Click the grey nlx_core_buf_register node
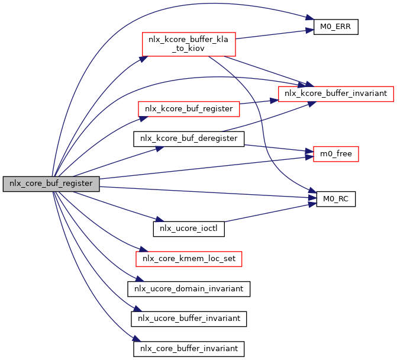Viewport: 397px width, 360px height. click(x=51, y=184)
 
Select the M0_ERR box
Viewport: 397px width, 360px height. click(x=335, y=27)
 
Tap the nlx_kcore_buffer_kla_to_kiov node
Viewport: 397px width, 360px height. click(x=188, y=44)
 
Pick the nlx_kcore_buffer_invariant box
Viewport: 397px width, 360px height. click(x=335, y=94)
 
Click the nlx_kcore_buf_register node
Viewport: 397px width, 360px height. click(x=188, y=109)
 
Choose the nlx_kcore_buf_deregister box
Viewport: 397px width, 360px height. click(x=188, y=139)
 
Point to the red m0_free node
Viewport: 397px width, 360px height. click(x=331, y=154)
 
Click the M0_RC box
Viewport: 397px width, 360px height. click(x=335, y=199)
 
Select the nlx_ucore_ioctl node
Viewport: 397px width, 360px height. click(x=189, y=229)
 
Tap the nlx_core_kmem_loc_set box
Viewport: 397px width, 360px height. click(x=189, y=259)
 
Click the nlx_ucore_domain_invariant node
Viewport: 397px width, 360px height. click(x=189, y=289)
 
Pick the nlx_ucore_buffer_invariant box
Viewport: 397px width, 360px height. click(x=189, y=319)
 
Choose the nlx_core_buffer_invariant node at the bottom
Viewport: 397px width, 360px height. click(x=189, y=349)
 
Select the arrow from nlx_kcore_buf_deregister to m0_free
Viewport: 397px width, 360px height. click(x=275, y=149)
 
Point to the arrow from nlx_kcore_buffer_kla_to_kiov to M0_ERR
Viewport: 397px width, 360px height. click(x=272, y=34)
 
